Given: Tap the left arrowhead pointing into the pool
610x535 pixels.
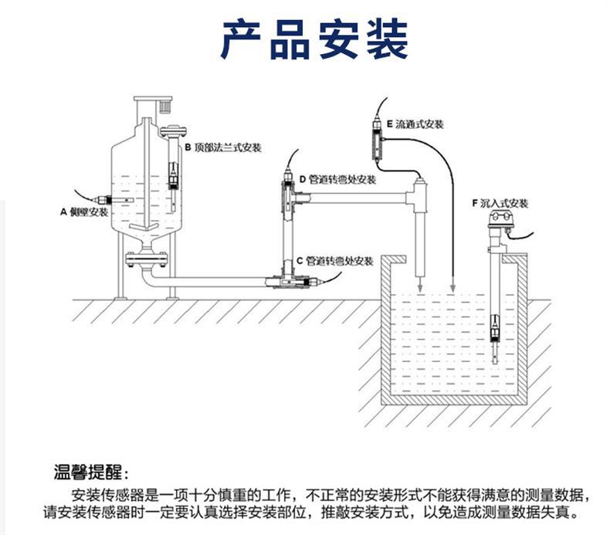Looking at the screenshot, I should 419,286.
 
